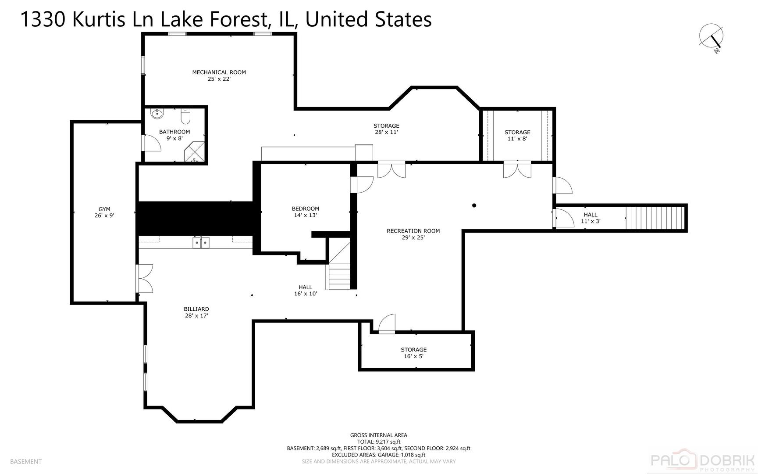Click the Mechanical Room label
click(219, 72)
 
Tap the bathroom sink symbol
click(157, 114)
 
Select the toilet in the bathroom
click(185, 116)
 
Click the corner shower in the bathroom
click(196, 152)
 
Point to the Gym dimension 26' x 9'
click(104, 215)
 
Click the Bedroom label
click(306, 208)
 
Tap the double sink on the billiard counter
click(201, 242)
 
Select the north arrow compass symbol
click(711, 37)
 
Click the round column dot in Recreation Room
click(474, 205)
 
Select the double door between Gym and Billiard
click(145, 278)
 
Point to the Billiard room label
click(196, 309)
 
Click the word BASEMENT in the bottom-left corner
click(25, 461)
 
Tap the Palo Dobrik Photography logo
click(702, 461)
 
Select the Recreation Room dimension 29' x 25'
click(413, 237)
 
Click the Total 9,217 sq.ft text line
click(378, 442)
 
